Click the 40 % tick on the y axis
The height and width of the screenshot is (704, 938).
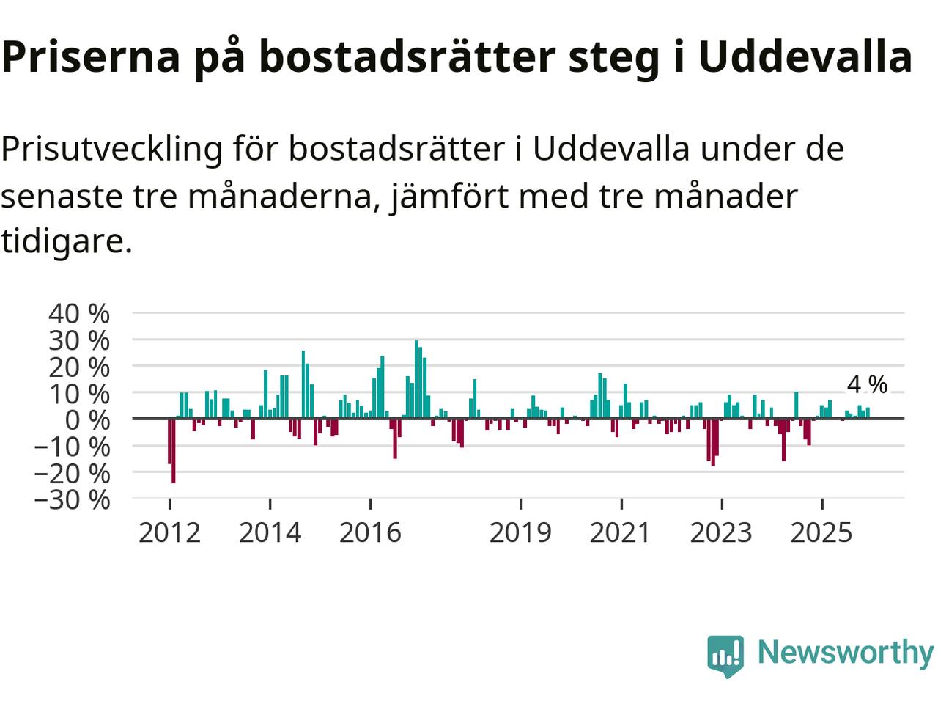click(79, 314)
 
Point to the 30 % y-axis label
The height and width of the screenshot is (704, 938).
click(79, 340)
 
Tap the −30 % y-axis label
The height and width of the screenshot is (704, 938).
click(72, 499)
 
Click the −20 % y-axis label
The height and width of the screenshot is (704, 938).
click(72, 473)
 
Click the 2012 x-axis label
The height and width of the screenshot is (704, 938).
click(169, 532)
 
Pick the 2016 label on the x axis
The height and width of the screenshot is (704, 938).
click(370, 532)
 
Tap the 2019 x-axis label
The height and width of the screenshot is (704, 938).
click(520, 532)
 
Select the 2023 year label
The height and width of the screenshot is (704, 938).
click(721, 532)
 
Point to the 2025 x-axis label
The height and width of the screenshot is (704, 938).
click(821, 532)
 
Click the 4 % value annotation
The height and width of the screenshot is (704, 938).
click(867, 384)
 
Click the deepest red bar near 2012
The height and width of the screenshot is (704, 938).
click(174, 450)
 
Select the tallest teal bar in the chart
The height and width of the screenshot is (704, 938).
click(416, 379)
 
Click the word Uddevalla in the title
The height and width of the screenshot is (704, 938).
click(805, 57)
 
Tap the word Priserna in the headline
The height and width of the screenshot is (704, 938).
click(91, 57)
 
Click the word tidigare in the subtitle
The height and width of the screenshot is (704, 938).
click(66, 241)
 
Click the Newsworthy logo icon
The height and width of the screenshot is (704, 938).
click(725, 654)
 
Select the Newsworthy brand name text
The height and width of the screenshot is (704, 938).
click(845, 652)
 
